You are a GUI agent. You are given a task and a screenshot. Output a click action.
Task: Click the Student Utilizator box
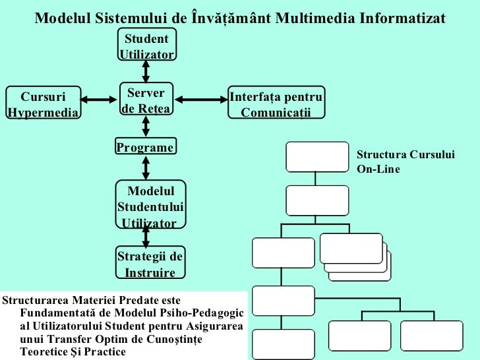[146, 45]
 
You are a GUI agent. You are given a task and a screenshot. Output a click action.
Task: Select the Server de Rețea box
[146, 100]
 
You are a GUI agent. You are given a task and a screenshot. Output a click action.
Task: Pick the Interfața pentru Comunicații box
[276, 104]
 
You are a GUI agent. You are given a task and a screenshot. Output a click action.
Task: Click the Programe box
[146, 147]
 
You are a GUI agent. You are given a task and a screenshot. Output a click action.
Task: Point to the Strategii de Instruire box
[150, 263]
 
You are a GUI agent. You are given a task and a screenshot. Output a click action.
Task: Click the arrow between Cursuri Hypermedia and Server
[98, 100]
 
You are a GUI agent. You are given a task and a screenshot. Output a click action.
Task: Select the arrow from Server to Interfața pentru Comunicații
[201, 100]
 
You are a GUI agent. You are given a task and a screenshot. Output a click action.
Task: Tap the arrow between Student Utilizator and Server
[146, 71]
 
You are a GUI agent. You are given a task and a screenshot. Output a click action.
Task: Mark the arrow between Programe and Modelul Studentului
[146, 167]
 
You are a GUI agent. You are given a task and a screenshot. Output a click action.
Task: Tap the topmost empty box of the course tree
[316, 156]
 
